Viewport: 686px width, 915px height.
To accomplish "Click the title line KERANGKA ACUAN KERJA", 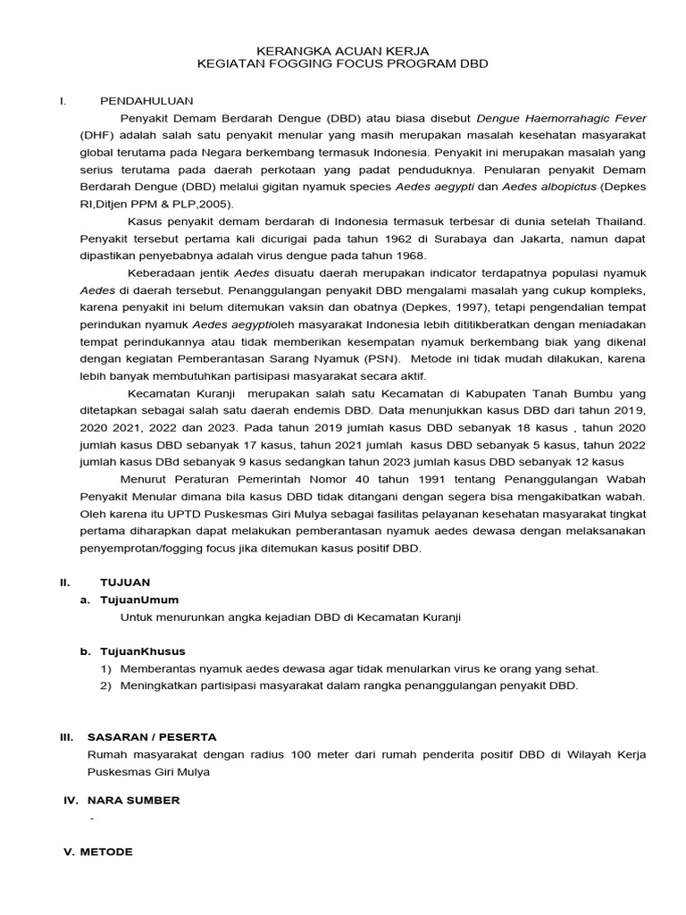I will (x=343, y=53).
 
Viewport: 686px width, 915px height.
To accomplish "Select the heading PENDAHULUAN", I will (x=146, y=100).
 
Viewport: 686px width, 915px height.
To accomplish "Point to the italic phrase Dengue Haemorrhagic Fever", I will (x=561, y=118).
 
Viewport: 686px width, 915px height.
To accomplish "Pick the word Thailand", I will (x=618, y=220).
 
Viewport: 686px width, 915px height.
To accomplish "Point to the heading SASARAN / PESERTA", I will (x=152, y=737).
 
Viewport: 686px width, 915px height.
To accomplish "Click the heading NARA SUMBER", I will (x=133, y=800).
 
